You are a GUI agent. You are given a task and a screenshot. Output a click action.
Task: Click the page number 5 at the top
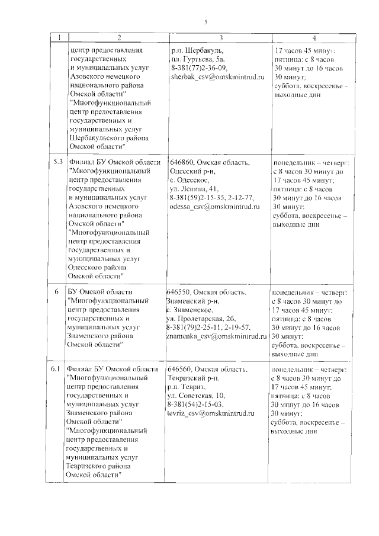coord(205,23)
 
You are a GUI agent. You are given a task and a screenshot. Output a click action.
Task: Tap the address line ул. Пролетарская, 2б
coord(201,318)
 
